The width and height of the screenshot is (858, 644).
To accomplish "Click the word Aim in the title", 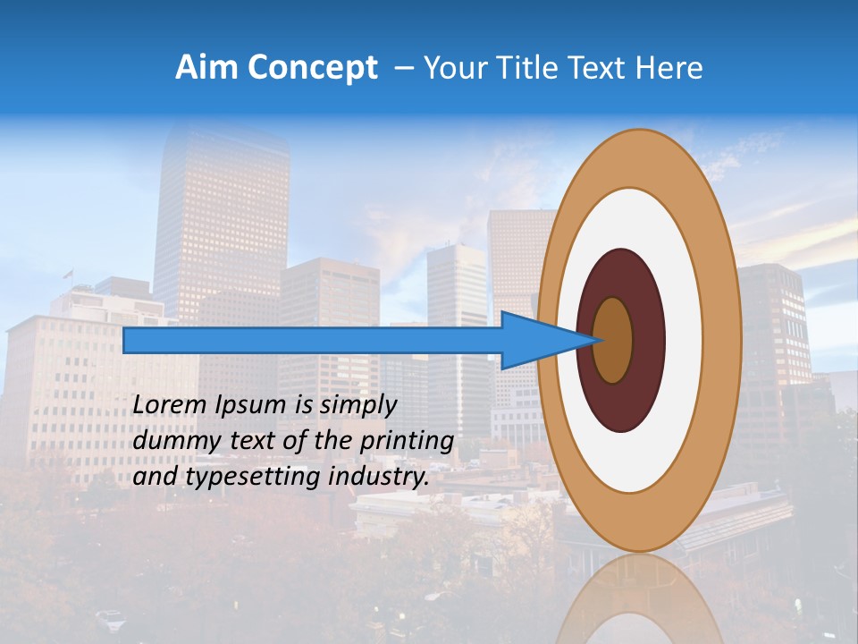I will point(206,68).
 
